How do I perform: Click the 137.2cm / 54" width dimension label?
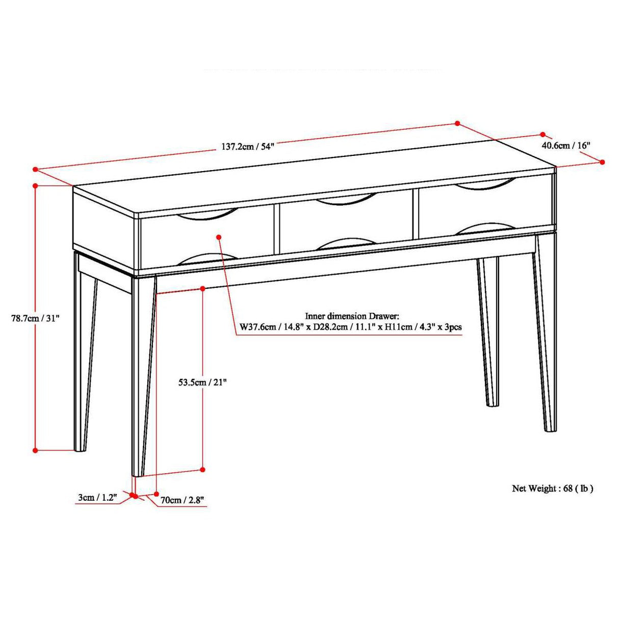(x=248, y=147)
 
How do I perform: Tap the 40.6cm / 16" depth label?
(x=565, y=145)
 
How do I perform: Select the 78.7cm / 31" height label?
(x=36, y=318)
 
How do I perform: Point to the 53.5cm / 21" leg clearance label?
(x=202, y=382)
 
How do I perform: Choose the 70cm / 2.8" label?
(x=183, y=500)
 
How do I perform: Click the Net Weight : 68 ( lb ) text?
(x=553, y=489)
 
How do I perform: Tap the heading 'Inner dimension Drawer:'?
(x=352, y=316)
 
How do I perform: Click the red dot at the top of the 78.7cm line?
(x=35, y=186)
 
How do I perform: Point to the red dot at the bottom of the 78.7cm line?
(x=35, y=450)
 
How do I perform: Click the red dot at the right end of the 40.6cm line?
(x=602, y=162)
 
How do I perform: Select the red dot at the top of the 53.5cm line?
(x=202, y=288)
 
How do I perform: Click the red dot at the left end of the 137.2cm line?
(x=35, y=169)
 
